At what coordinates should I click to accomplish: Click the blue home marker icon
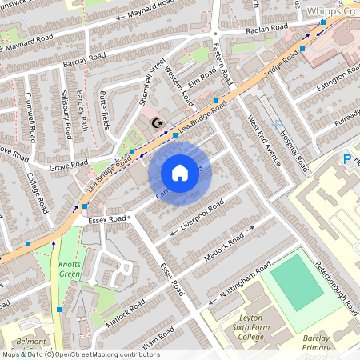tap(180, 173)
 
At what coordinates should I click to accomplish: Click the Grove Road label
tap(69, 166)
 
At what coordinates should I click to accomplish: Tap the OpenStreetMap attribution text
tap(80, 354)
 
